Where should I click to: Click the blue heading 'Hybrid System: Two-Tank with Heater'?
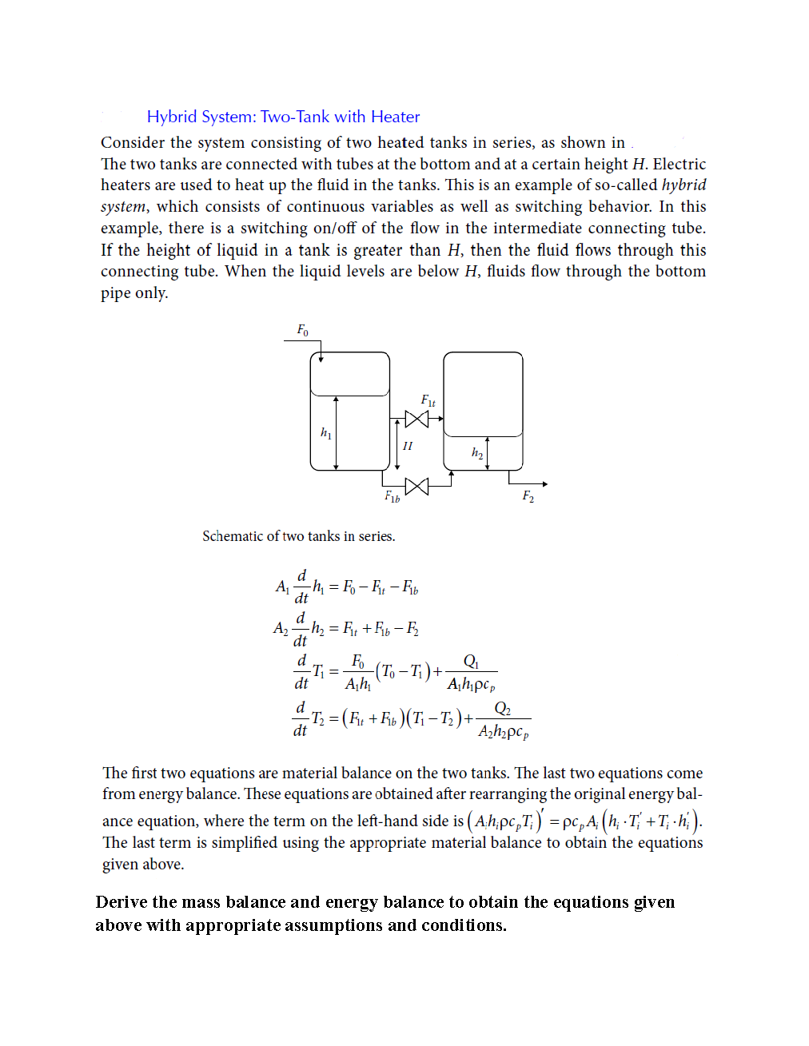283,117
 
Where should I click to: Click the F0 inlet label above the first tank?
302,330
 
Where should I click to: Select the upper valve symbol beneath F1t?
416,419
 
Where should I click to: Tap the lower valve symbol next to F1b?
416,486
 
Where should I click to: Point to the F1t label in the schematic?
428,400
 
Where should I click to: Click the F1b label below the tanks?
392,497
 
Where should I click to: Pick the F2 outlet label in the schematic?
528,496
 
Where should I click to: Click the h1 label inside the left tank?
325,432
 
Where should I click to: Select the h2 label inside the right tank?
476,453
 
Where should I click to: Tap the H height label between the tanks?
408,446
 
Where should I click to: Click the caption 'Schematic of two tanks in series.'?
298,536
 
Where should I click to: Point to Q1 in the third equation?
471,662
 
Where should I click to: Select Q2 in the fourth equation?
502,709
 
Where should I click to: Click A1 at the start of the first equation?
282,587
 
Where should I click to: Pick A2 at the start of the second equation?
281,628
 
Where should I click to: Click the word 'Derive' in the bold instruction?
121,902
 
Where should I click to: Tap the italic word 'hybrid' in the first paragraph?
683,185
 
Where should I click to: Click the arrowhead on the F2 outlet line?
544,484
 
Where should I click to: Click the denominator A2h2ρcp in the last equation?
503,731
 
